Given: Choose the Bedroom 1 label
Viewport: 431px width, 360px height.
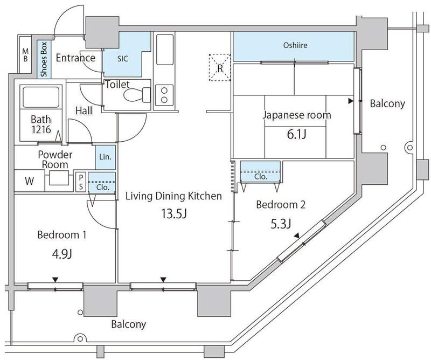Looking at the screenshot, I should (62, 235).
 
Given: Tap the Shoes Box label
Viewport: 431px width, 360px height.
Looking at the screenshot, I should (41, 57).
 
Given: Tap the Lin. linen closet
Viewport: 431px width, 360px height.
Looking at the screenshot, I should (105, 157).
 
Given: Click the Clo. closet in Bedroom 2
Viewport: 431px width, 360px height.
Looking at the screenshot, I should (260, 175).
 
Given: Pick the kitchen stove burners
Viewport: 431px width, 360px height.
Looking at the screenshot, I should (164, 95).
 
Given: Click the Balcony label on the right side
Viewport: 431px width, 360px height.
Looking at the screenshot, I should (387, 104).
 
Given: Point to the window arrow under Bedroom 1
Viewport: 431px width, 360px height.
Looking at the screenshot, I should (55, 279).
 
